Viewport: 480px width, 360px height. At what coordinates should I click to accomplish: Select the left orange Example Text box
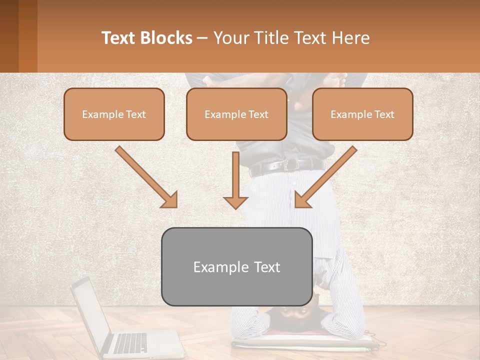[114, 114]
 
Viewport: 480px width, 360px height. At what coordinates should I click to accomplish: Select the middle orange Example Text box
[236, 114]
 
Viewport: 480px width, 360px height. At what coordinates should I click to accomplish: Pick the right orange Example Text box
[362, 114]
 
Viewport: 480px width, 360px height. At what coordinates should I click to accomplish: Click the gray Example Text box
[236, 267]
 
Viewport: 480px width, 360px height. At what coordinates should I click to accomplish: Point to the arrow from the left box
[147, 178]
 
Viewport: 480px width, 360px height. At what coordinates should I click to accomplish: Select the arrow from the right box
[325, 178]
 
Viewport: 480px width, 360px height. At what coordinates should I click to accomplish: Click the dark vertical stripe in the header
[27, 36]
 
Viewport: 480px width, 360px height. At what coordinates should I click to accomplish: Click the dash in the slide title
[202, 38]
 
